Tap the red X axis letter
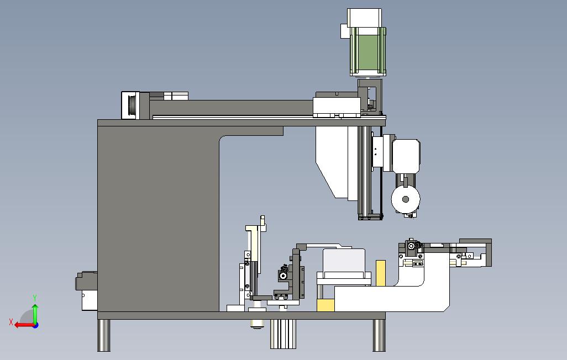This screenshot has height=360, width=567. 11,322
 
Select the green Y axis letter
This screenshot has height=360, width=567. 35,298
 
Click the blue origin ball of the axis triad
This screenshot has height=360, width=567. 35,325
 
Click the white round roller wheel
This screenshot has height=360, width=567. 406,199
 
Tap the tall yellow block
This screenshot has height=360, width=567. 381,273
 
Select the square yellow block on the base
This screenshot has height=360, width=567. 326,305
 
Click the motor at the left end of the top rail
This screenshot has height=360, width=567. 132,105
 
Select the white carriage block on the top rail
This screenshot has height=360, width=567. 337,105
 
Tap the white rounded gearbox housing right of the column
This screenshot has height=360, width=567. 406,155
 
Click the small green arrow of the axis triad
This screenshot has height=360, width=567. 35,312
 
